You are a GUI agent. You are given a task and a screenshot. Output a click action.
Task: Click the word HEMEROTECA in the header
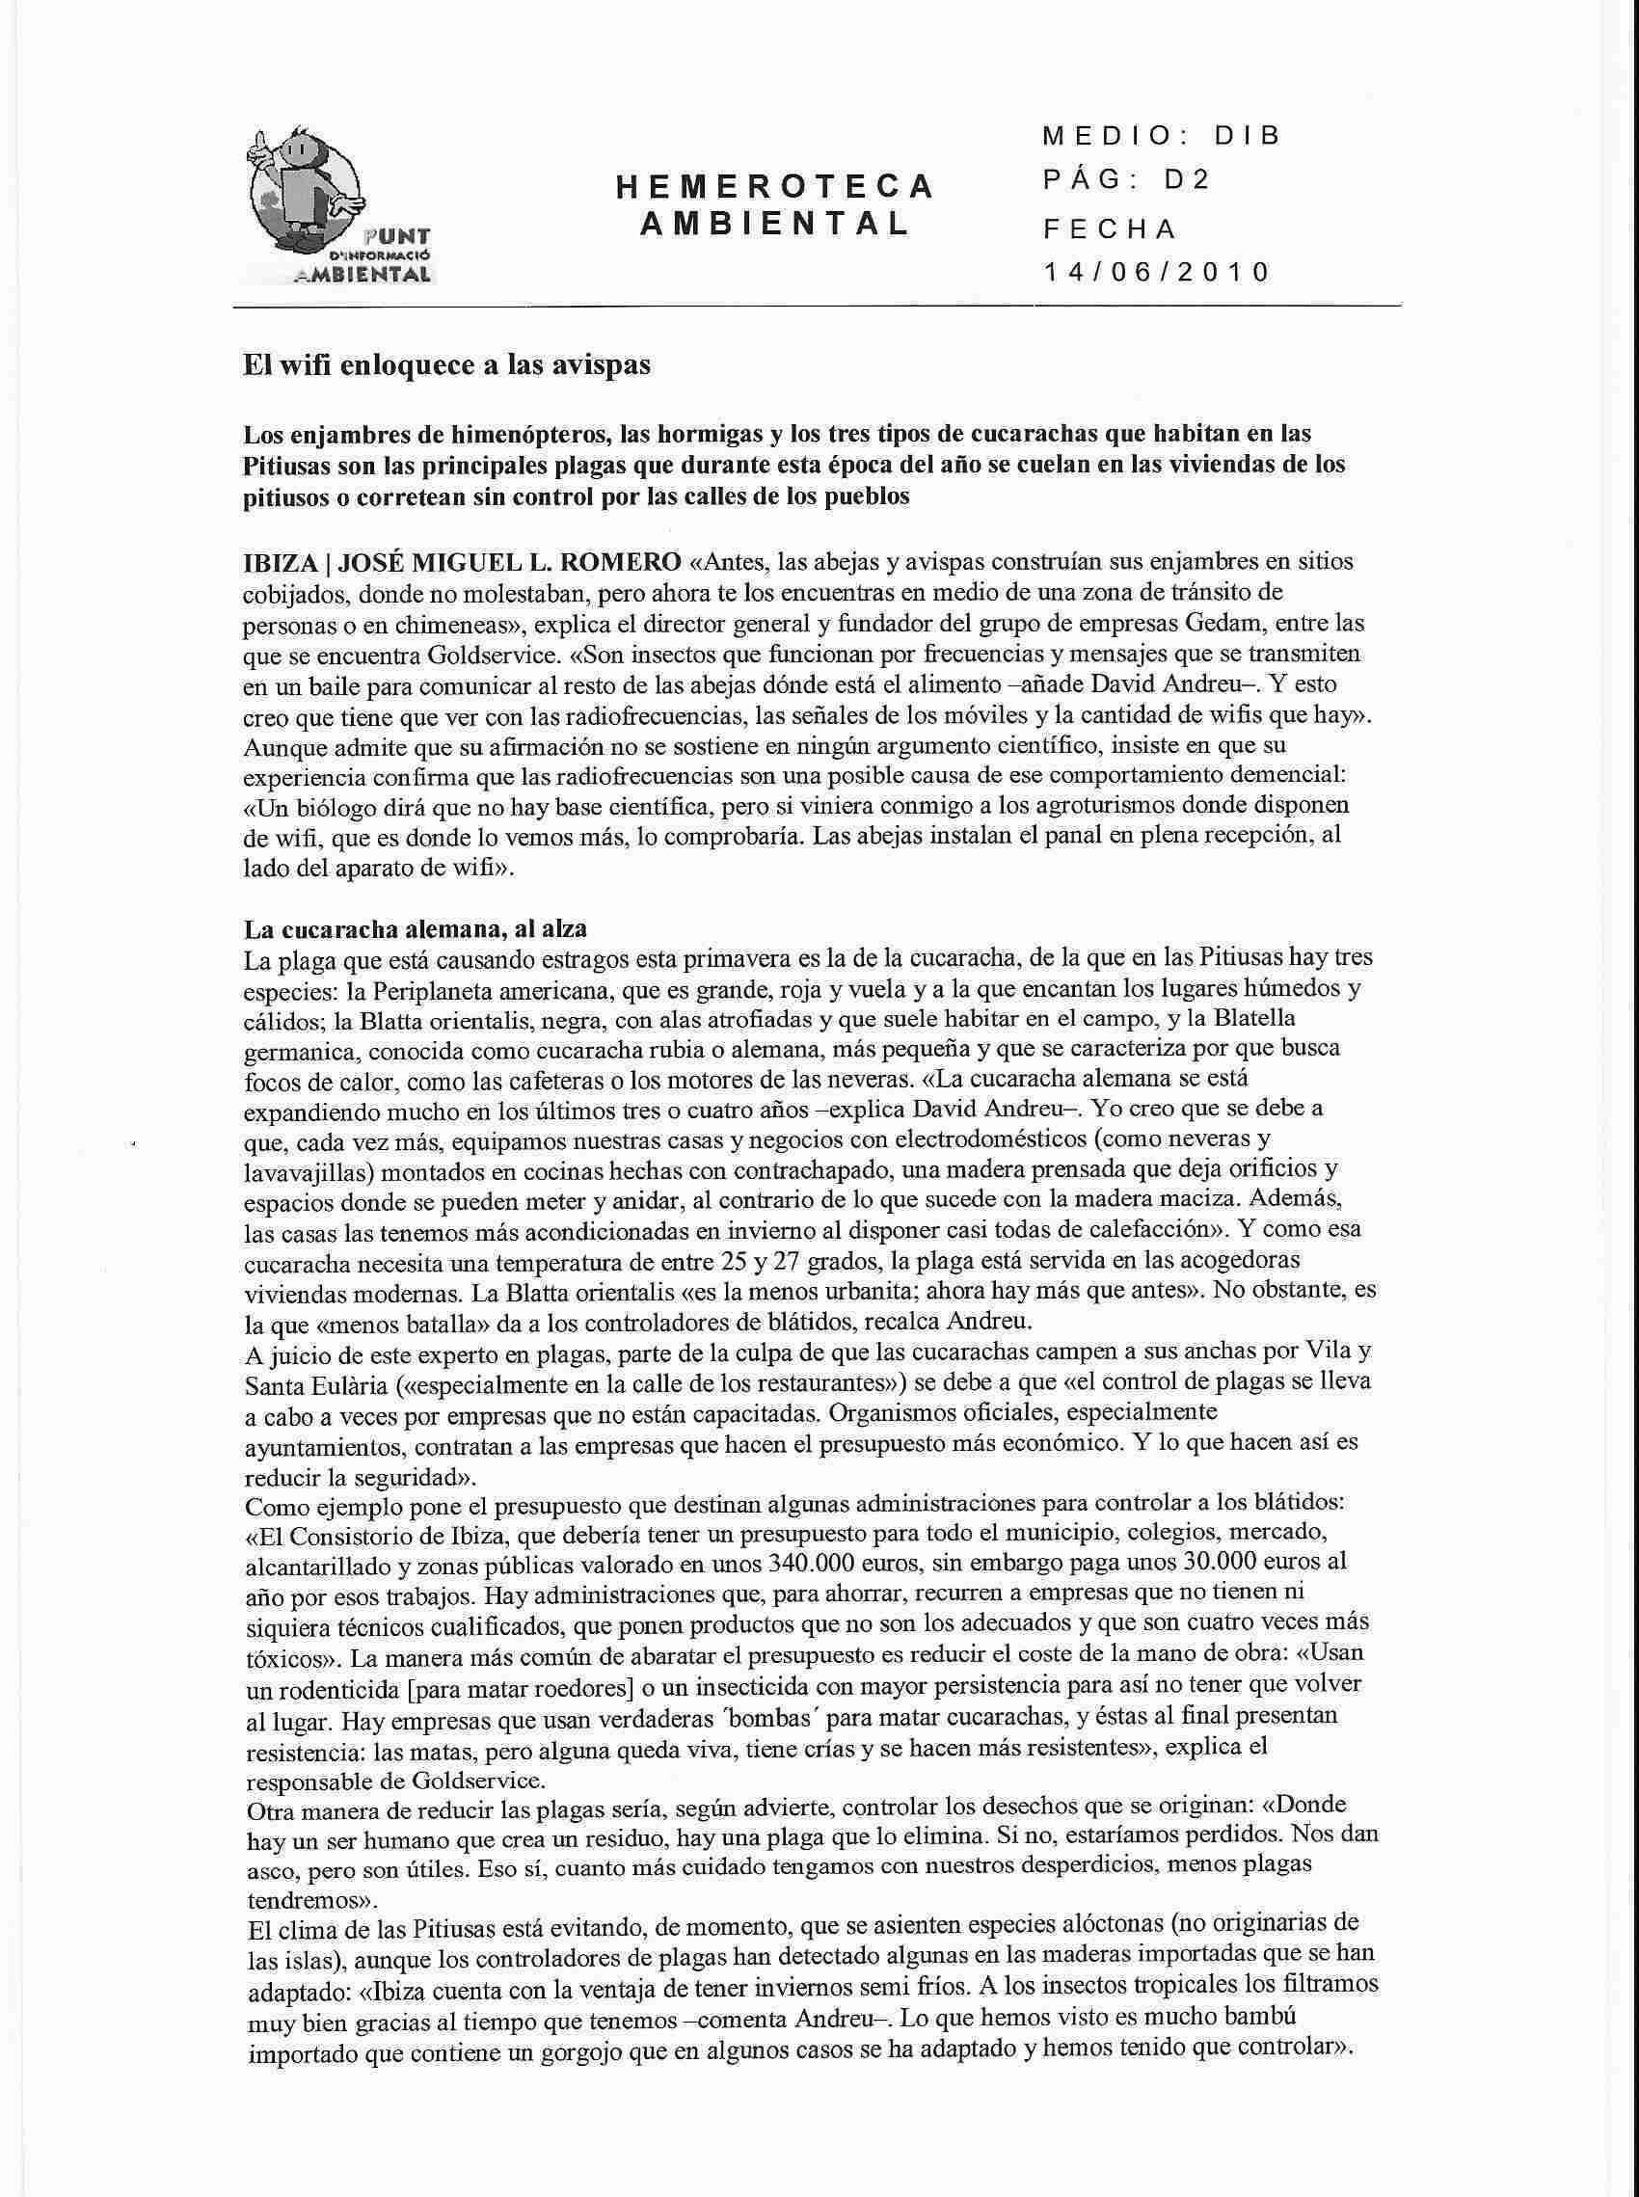[x=775, y=184]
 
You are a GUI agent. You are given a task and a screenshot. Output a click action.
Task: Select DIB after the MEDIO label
[x=1248, y=136]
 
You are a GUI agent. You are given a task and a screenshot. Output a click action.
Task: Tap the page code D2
[x=1188, y=181]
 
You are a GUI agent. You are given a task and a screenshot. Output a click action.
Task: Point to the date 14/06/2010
[x=1156, y=272]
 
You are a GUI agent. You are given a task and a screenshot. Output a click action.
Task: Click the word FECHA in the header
[x=1108, y=228]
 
